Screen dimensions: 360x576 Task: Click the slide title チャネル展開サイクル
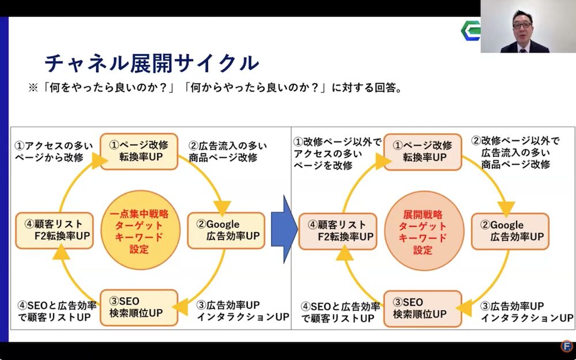[151, 62]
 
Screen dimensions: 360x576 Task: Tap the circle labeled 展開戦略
[422, 231]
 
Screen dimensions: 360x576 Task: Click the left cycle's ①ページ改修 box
[139, 151]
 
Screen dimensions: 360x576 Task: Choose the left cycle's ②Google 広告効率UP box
[226, 230]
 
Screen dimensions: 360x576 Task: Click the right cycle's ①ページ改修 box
[423, 151]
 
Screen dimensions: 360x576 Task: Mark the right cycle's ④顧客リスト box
[338, 231]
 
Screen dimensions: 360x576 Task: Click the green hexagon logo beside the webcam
[471, 30]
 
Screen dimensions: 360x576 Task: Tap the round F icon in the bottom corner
[567, 346]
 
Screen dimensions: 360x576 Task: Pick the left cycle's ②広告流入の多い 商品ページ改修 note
[227, 151]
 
